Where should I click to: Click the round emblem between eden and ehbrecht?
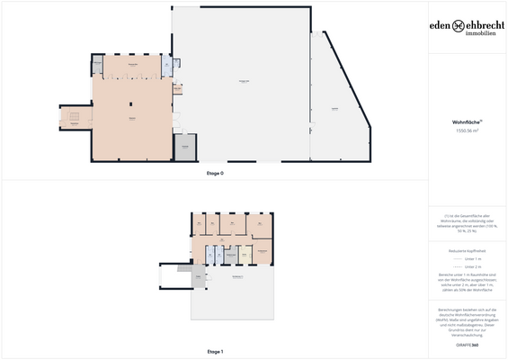[x=459, y=26]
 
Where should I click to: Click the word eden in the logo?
[x=442, y=26]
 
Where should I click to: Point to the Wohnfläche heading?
[x=467, y=121]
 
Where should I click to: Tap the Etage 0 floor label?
[x=215, y=172]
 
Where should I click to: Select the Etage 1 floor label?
[x=215, y=350]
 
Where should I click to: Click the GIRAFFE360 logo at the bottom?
[x=468, y=344]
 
